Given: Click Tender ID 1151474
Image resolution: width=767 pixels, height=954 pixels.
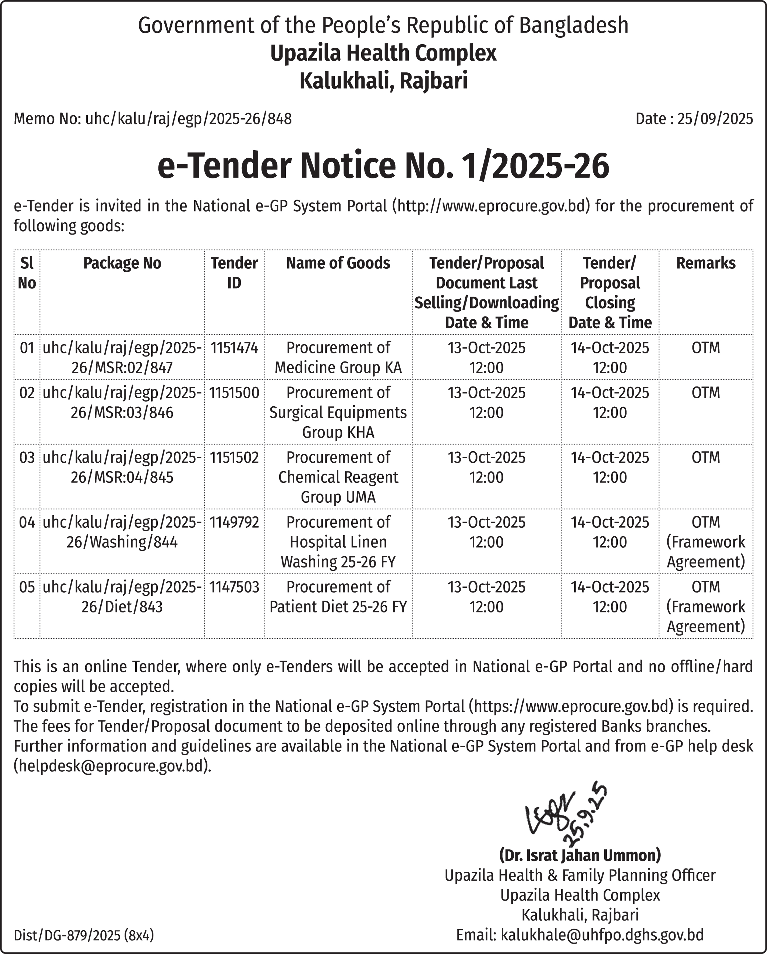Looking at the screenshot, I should (x=234, y=348).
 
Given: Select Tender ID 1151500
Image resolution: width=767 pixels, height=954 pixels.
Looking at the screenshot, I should (x=234, y=392).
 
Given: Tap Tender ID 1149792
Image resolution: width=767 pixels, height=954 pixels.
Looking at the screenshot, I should (x=234, y=522).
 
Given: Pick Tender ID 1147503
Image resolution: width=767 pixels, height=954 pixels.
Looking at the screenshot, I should (x=234, y=587).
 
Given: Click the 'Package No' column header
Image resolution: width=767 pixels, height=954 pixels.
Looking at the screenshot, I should (x=122, y=263).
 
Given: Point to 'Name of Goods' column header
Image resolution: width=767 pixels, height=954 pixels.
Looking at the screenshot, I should (x=338, y=263).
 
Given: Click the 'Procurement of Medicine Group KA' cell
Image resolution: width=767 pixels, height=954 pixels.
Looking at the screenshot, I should (x=338, y=357).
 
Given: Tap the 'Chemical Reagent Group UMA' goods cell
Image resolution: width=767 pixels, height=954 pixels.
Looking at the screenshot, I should (x=338, y=477).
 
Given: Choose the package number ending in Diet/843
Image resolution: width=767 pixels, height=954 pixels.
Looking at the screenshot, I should (x=122, y=597).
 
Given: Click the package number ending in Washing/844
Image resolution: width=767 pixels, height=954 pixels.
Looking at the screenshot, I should (x=122, y=532).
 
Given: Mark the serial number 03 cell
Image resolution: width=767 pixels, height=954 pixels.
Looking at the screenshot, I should (x=27, y=458).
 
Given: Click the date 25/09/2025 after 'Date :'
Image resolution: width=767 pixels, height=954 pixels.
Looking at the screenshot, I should (x=715, y=119).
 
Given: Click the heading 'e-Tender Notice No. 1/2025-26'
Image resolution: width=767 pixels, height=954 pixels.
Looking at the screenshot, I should (x=383, y=165).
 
